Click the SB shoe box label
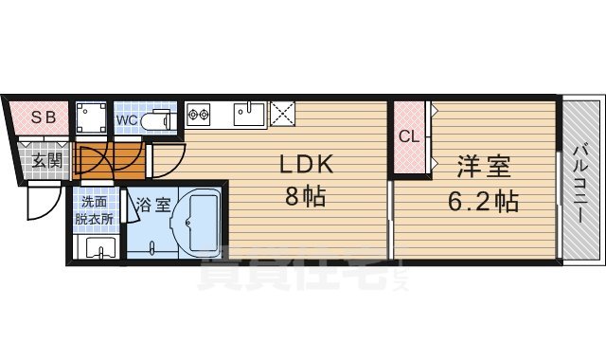coord(41,117)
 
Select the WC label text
coord(128,120)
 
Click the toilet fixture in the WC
coord(160,120)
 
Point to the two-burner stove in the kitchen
coord(199,117)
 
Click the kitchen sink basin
coord(249,117)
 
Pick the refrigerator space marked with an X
coord(283,114)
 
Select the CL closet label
coord(408,136)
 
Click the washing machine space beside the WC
coord(93,119)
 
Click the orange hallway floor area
coord(109,161)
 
